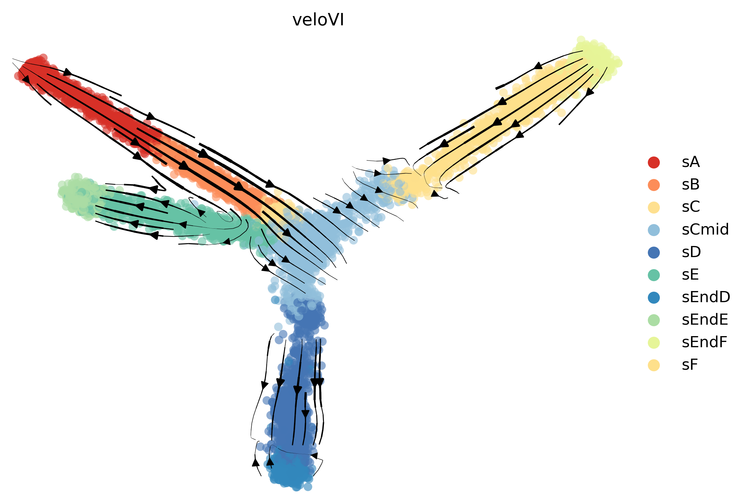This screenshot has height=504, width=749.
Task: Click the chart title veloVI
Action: [318, 20]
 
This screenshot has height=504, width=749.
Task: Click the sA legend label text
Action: [691, 162]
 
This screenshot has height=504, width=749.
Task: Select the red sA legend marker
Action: [654, 162]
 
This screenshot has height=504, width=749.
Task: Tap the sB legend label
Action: [691, 185]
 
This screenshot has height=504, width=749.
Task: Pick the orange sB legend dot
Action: [654, 185]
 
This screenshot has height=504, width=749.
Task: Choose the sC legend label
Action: [691, 207]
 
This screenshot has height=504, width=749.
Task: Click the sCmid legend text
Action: [705, 230]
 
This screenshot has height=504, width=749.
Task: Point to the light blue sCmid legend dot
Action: [654, 230]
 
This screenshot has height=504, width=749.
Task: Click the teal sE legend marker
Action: [654, 275]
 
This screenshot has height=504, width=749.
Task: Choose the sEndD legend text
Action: [706, 297]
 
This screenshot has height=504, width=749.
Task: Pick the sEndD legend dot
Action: [654, 297]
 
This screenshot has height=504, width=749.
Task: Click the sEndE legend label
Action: [705, 320]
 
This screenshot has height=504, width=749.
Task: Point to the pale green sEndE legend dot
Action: [654, 320]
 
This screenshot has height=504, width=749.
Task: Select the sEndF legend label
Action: [705, 342]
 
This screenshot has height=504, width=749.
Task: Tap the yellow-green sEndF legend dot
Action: [654, 342]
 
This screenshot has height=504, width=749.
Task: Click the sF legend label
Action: [690, 365]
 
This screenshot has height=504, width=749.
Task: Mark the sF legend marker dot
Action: [654, 365]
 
